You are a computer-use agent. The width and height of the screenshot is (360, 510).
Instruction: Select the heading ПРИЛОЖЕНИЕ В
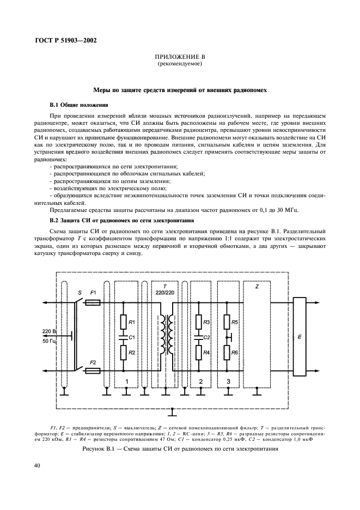pyautogui.click(x=180, y=57)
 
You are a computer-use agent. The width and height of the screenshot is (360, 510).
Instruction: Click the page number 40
pyautogui.click(x=36, y=465)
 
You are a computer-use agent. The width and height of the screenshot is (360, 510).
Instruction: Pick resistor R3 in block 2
pyautogui.click(x=199, y=321)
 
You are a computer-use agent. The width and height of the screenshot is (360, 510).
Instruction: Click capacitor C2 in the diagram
pyautogui.click(x=199, y=337)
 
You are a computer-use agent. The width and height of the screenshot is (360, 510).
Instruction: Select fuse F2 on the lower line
pyautogui.click(x=93, y=371)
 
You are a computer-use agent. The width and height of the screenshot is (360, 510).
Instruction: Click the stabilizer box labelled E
pyautogui.click(x=299, y=337)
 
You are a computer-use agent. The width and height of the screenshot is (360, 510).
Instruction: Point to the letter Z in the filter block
pyautogui.click(x=256, y=286)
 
